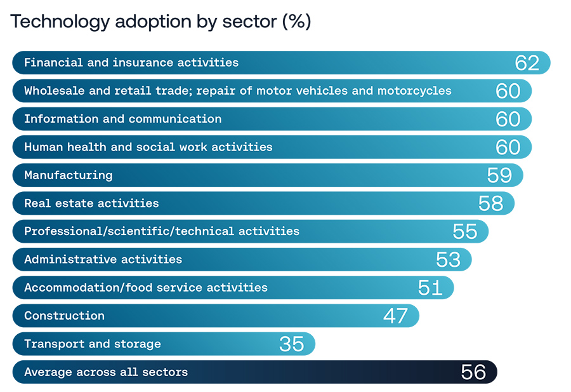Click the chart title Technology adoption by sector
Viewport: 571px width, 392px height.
point(161,22)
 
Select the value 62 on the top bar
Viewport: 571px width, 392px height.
point(527,63)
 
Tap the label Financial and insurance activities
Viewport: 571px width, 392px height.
point(131,63)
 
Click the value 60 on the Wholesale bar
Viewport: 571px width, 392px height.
point(508,91)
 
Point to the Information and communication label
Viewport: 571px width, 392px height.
point(122,119)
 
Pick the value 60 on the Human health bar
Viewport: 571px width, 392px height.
point(508,147)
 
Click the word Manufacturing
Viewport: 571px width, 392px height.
point(68,175)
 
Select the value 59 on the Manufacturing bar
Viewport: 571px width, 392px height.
point(499,175)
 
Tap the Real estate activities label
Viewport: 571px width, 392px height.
point(91,203)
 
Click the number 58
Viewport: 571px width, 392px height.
point(490,203)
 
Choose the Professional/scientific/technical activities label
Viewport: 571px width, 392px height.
point(161,231)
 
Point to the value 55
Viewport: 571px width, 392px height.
point(464,231)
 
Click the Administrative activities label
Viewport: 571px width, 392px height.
point(103,259)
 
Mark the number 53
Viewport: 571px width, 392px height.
point(448,259)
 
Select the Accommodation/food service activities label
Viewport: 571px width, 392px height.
point(145,287)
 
